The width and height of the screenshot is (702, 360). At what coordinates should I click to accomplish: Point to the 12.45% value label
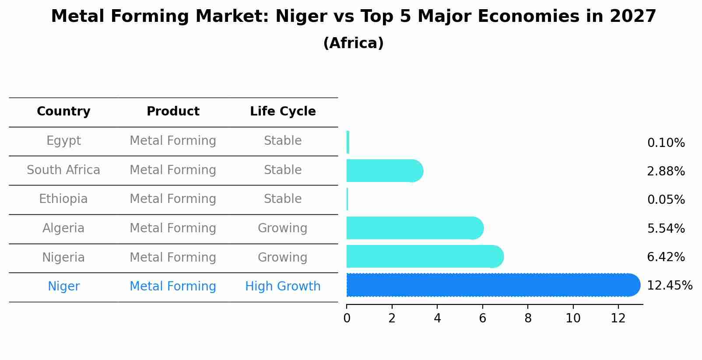pos(669,286)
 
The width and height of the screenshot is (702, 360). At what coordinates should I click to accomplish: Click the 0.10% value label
pos(666,143)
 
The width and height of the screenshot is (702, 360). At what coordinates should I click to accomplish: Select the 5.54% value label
pos(666,228)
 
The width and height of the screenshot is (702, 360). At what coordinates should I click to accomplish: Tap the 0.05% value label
pos(666,200)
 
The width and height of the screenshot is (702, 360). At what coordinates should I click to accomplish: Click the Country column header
pos(63,112)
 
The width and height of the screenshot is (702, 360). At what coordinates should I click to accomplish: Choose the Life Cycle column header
pos(283,112)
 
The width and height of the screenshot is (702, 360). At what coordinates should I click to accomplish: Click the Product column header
pos(173,112)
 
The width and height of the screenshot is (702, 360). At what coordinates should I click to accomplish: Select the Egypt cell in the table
pos(63,141)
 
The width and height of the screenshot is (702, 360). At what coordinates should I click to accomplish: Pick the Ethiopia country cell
pos(63,199)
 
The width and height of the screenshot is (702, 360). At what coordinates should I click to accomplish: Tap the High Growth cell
pos(283,287)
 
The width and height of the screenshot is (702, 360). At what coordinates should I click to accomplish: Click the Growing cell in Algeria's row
pos(283,228)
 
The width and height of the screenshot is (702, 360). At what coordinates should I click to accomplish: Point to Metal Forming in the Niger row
pos(173,287)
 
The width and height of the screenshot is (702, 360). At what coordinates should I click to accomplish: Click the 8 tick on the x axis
pos(528,318)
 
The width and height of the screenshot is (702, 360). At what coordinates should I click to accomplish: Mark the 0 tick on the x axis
pos(347,318)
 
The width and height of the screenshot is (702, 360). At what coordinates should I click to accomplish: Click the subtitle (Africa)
pos(353,43)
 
